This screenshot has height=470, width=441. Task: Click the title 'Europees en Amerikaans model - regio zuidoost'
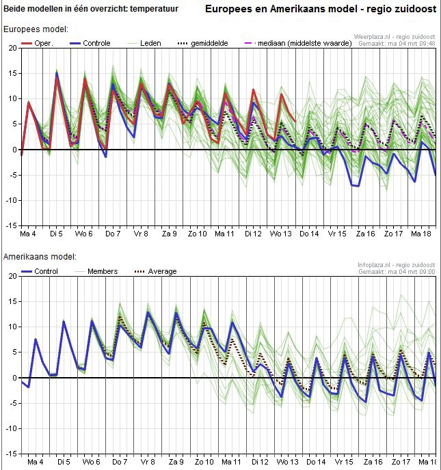click(x=321, y=9)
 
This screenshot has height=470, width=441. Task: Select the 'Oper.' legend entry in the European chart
click(x=37, y=43)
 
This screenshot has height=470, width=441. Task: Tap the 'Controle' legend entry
click(x=90, y=43)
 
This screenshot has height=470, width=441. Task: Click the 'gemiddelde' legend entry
click(x=203, y=43)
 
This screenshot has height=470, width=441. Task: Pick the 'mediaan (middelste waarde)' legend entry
click(x=298, y=43)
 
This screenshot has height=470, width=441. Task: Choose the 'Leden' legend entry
click(x=144, y=43)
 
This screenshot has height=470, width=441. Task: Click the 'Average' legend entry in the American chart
click(x=156, y=272)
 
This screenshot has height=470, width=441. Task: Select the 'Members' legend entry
click(x=96, y=272)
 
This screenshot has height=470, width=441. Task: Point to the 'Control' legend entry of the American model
click(x=40, y=272)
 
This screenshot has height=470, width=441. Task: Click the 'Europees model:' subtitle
click(x=36, y=29)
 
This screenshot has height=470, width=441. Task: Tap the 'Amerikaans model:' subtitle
click(x=40, y=257)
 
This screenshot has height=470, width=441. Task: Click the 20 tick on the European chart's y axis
click(x=13, y=48)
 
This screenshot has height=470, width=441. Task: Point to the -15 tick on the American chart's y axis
click(x=12, y=454)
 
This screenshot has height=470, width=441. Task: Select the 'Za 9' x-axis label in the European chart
click(x=170, y=234)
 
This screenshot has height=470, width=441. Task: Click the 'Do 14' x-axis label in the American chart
click(x=316, y=462)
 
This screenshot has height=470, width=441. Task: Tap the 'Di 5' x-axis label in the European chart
click(x=56, y=234)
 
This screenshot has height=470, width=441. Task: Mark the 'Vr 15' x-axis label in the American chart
click(x=344, y=462)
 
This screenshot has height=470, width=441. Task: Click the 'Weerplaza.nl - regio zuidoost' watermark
click(x=395, y=37)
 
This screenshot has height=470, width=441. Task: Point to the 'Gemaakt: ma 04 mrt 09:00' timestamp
click(x=397, y=272)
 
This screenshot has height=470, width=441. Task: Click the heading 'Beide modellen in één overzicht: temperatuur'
click(x=91, y=9)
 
